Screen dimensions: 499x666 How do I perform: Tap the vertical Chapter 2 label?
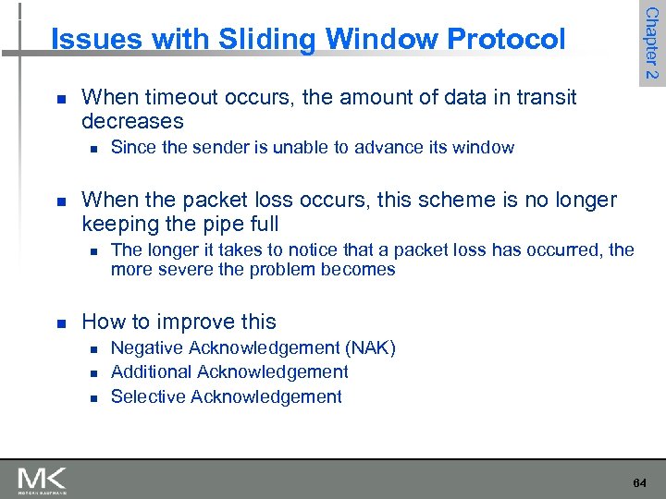[x=651, y=43]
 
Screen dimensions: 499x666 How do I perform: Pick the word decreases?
[x=132, y=121]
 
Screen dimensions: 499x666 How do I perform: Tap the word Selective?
[x=146, y=396]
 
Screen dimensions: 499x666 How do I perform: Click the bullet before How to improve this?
[x=60, y=323]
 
